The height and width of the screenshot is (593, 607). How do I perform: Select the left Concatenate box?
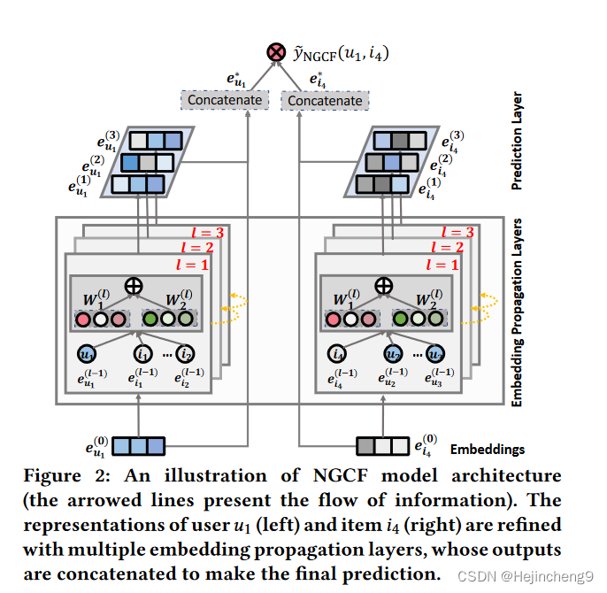click(225, 100)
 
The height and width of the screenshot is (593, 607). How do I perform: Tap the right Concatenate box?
click(325, 101)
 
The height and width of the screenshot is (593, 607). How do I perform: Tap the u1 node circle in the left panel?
click(87, 353)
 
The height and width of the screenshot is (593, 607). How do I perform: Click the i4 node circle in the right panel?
click(336, 353)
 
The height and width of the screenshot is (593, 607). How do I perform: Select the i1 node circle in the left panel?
click(143, 353)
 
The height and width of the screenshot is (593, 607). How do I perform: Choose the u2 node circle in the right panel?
click(393, 353)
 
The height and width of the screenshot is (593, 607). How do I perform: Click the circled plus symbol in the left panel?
click(134, 286)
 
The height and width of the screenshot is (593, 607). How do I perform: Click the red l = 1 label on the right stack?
click(442, 265)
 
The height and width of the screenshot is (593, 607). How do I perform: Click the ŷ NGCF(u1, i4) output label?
click(340, 55)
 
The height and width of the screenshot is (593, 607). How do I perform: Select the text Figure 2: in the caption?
click(63, 475)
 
